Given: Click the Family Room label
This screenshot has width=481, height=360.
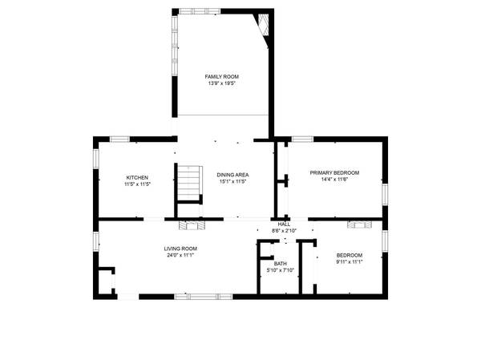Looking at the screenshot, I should click(x=221, y=76).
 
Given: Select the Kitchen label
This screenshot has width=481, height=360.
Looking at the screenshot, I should click(x=137, y=177).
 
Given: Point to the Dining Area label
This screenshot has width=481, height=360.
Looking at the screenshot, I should click(x=232, y=175).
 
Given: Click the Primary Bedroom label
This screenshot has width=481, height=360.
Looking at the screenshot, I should click(x=334, y=173).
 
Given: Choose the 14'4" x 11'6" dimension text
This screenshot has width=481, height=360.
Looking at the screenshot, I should click(x=334, y=180).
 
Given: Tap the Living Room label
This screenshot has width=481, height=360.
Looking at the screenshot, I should click(x=181, y=249).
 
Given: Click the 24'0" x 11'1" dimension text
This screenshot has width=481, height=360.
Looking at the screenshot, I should click(x=181, y=255).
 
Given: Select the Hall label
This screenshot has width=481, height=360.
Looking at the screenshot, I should click(x=284, y=224).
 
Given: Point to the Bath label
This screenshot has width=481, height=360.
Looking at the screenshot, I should click(x=280, y=264).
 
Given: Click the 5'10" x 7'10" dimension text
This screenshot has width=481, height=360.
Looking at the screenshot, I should click(x=280, y=270).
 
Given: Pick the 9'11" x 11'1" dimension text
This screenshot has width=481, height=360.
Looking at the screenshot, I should click(x=350, y=261).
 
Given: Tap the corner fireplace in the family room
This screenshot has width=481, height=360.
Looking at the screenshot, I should click(x=262, y=25).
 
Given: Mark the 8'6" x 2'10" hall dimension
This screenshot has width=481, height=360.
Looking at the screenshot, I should click(x=284, y=231).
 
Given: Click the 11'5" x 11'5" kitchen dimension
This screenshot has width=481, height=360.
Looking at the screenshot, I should click(x=137, y=184).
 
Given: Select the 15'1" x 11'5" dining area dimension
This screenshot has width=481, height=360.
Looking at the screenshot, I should click(x=232, y=181).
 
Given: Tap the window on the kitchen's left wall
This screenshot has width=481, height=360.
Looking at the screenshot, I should click(x=96, y=158).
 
